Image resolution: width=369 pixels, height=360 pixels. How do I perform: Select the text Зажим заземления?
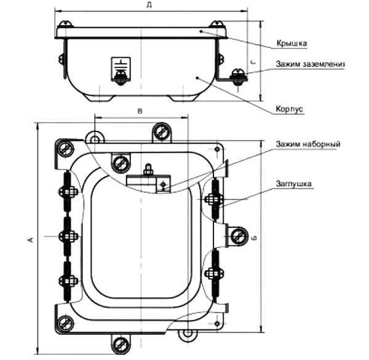tap(311, 64)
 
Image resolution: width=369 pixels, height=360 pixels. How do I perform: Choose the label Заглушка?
tap(295, 183)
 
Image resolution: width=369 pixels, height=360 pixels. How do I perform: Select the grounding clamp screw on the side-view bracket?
tap(236, 76)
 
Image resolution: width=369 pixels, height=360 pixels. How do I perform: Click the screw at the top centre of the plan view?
tap(162, 131)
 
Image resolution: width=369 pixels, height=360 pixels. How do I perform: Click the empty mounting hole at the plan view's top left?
tap(94, 138)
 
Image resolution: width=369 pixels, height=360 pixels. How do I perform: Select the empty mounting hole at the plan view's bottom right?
tap(188, 334)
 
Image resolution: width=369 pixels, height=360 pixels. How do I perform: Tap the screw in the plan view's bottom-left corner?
tap(64, 323)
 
